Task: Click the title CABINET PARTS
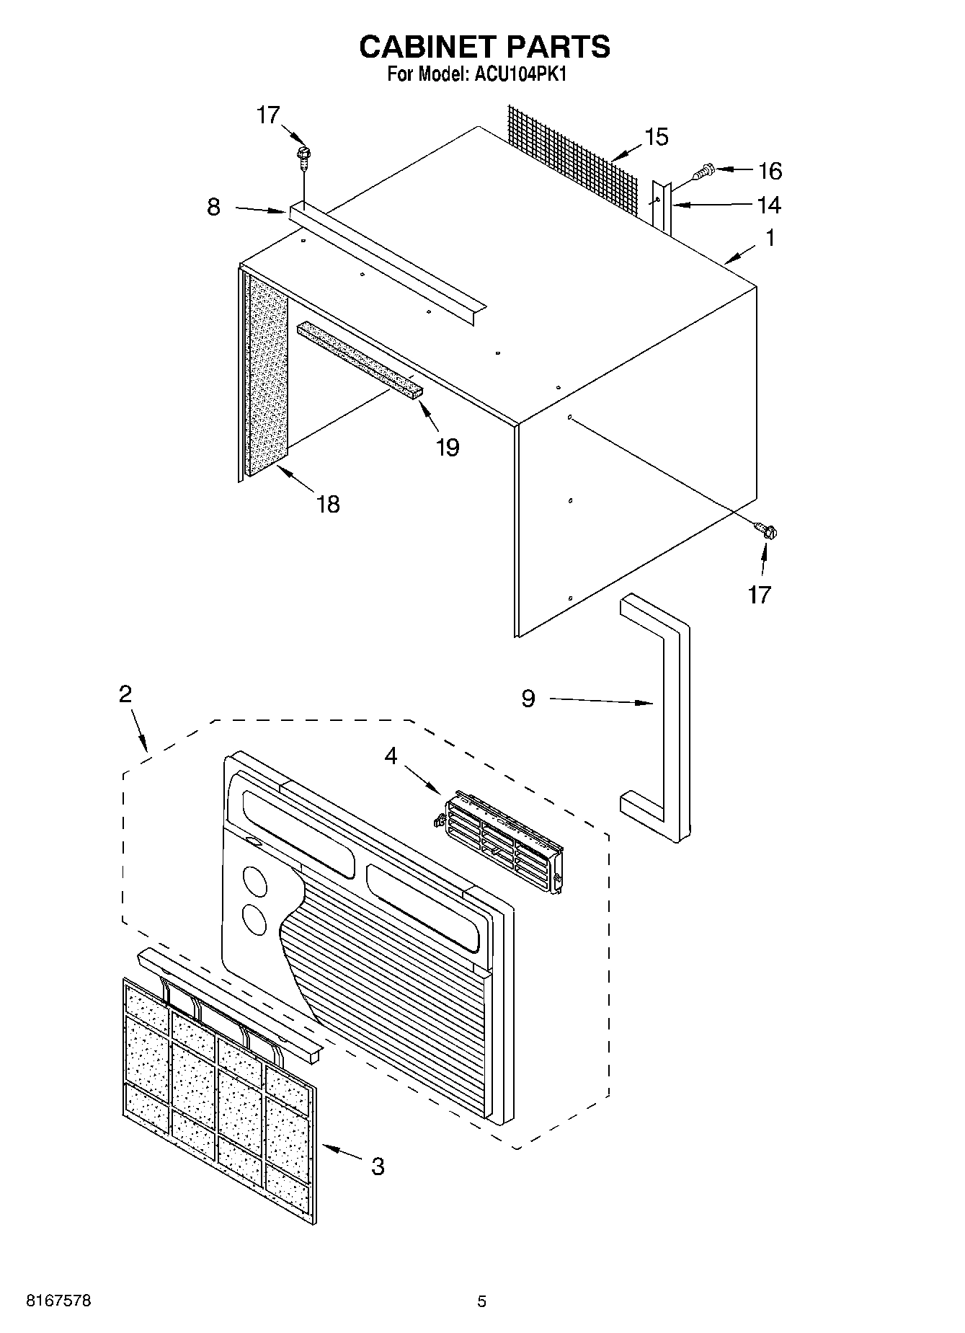point(484,47)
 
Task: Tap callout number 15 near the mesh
point(657,137)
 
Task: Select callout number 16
point(770,171)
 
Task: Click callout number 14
point(769,205)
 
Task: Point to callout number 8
point(213,208)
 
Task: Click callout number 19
point(448,448)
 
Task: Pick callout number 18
point(328,504)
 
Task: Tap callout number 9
point(528,699)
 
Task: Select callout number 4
point(391,756)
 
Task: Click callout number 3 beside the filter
point(378,1166)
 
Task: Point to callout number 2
point(125,694)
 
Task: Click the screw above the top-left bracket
point(304,155)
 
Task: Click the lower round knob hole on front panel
point(254,918)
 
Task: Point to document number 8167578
point(58,1301)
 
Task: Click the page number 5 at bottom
point(481,1301)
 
